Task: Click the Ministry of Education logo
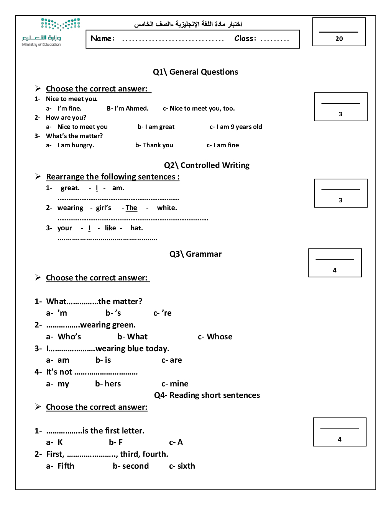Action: pos(51,32)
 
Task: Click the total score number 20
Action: pos(339,39)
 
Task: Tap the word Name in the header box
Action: pos(102,38)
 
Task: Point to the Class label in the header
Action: pos(245,38)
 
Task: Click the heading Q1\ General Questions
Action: pos(195,72)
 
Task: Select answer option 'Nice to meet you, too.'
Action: pos(202,109)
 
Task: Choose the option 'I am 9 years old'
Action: pos(239,127)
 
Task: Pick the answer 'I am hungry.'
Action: pos(76,145)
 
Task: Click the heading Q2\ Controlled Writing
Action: pos(207,165)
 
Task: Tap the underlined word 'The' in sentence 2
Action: pos(131,208)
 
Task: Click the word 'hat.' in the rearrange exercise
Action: pos(136,228)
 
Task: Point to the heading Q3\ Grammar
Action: pos(195,254)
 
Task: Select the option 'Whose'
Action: pos(219,337)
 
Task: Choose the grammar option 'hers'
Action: pos(112,384)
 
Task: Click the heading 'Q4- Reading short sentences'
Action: pos(207,395)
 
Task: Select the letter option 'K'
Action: pos(60,442)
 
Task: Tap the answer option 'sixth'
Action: pos(186,466)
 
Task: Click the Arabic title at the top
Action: pos(188,24)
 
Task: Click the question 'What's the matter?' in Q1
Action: pos(74,136)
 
